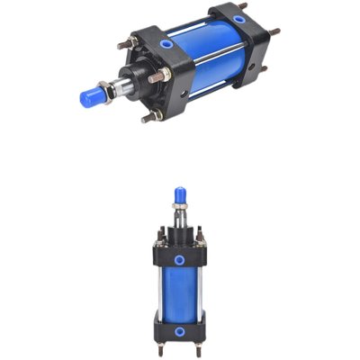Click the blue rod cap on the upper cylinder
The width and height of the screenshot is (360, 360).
coord(94,95)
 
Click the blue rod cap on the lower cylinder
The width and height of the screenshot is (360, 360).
coord(180,195)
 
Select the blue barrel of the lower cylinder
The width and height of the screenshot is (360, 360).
coord(179,290)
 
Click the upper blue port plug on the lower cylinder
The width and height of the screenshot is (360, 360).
coord(180,259)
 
